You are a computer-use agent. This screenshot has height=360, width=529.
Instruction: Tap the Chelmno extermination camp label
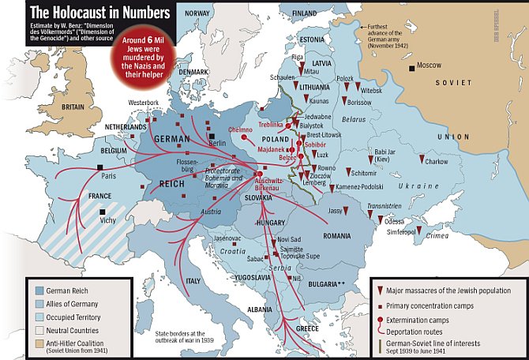(x=239, y=129)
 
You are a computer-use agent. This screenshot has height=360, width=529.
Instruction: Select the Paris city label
(x=107, y=176)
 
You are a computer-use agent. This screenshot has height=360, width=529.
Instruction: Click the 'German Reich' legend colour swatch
(x=38, y=291)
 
